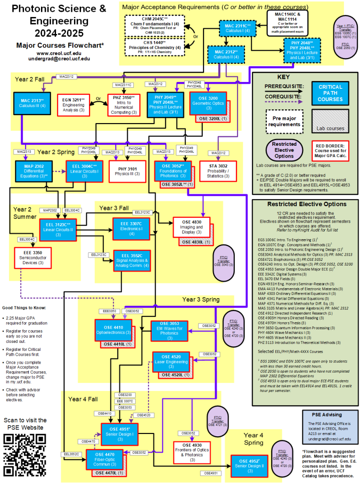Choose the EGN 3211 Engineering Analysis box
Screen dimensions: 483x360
[73, 105]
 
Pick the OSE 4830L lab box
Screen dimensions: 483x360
[193, 242]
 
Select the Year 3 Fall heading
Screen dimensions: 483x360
[114, 208]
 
